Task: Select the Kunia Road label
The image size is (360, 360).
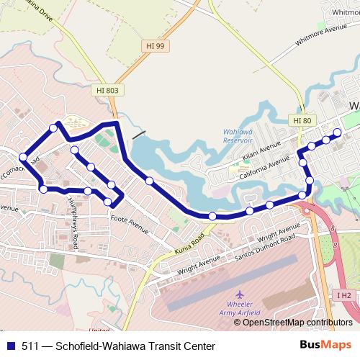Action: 189,243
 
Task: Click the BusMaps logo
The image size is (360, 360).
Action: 325,345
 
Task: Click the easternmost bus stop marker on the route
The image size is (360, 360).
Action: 337,132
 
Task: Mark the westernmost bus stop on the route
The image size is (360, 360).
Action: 23,156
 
